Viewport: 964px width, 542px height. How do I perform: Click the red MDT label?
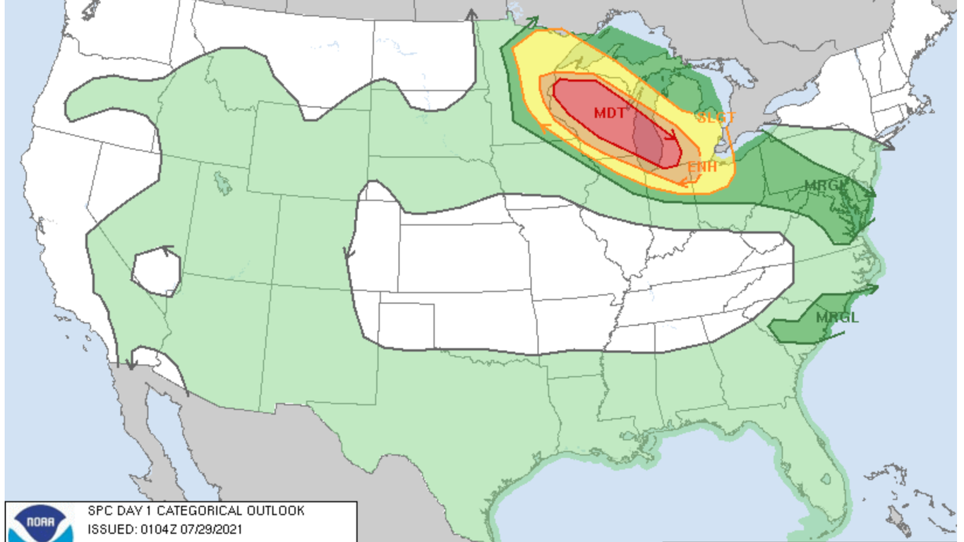coord(609,113)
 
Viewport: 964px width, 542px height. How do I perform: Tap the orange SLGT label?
coord(716,118)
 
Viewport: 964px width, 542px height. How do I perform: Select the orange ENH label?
coord(702,167)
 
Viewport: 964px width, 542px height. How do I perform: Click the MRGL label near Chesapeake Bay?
coord(825,186)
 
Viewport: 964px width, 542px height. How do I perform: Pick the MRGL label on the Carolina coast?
coord(837,318)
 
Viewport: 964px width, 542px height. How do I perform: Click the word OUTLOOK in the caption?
coord(275,510)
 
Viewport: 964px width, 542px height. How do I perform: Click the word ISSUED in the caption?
coord(109,529)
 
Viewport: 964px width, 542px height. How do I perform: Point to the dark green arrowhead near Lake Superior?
coord(533,21)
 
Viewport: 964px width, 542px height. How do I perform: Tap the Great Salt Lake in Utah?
coord(223,184)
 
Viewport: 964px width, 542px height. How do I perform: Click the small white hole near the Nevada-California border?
coord(157,272)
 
